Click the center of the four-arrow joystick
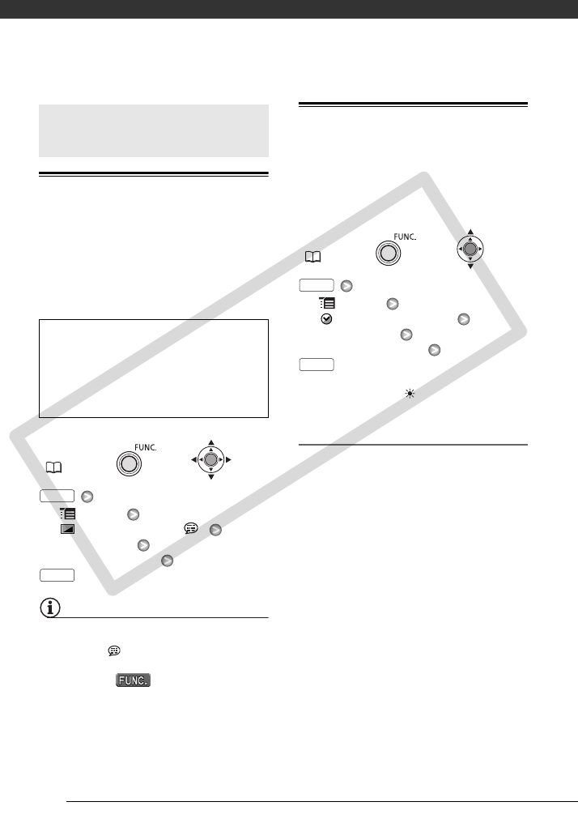tap(210, 459)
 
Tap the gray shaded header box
tap(154, 130)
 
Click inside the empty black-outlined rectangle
tap(154, 368)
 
